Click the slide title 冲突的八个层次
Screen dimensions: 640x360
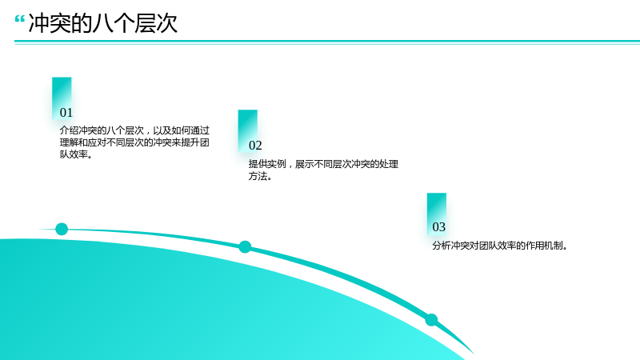[103, 23]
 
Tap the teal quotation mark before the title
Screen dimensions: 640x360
[19, 19]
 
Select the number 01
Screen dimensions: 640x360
[66, 113]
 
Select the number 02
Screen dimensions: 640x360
[255, 146]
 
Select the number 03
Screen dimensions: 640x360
[438, 227]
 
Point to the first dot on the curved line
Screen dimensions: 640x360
[62, 229]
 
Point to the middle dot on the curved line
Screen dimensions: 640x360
[245, 247]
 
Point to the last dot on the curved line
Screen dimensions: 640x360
[431, 319]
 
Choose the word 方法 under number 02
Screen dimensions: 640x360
[258, 176]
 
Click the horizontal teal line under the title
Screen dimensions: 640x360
[327, 42]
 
